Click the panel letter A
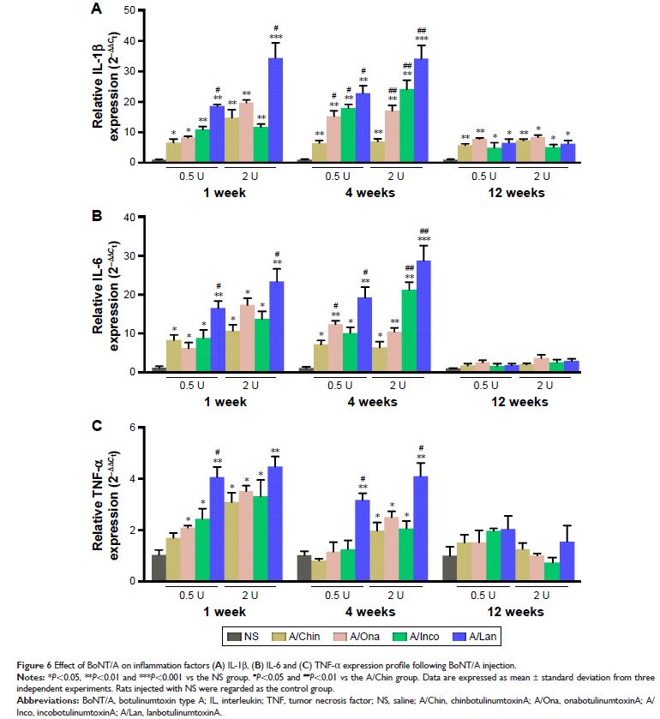tap(98, 9)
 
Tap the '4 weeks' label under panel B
tap(371, 403)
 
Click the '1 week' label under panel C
tap(225, 612)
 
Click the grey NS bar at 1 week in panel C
tap(159, 567)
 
